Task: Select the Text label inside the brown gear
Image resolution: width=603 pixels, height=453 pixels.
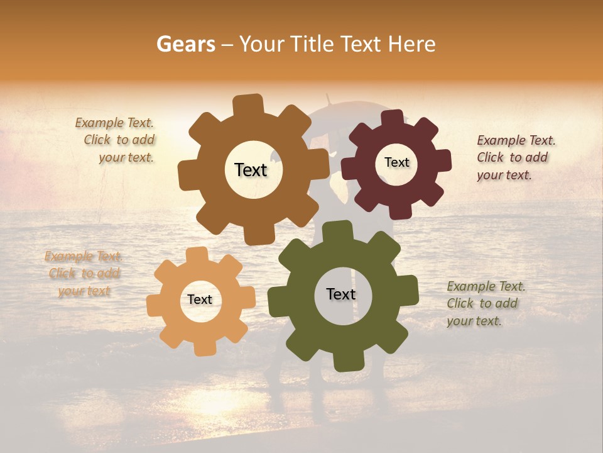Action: (251, 170)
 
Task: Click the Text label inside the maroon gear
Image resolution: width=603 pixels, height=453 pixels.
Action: (396, 162)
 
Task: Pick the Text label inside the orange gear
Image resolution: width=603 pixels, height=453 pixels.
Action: (200, 300)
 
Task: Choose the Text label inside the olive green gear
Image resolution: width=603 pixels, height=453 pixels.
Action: (341, 294)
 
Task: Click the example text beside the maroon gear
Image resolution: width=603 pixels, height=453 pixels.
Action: (516, 157)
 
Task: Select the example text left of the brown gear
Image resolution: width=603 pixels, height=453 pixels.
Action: (116, 140)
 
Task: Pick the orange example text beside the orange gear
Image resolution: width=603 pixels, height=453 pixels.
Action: (84, 274)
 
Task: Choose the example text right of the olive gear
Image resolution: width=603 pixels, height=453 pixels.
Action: (486, 303)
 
